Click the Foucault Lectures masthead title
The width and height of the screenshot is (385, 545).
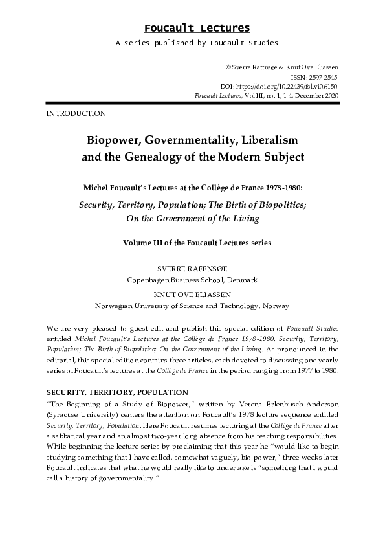pyautogui.click(x=197, y=28)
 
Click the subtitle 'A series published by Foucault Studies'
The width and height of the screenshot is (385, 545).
pyautogui.click(x=197, y=43)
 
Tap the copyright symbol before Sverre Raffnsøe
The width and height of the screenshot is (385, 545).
pyautogui.click(x=228, y=67)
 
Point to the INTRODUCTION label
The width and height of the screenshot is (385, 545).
pyautogui.click(x=76, y=114)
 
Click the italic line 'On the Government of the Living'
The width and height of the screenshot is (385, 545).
pyautogui.click(x=192, y=218)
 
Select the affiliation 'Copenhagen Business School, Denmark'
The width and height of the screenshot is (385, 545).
pyautogui.click(x=192, y=280)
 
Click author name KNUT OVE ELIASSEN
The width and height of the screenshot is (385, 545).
pyautogui.click(x=192, y=293)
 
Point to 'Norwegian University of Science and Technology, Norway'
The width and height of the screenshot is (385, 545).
pyautogui.click(x=192, y=306)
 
